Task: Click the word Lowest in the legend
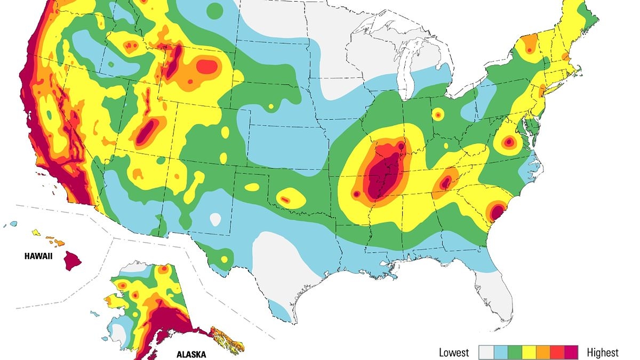pos(454,353)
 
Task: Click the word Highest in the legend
pos(603,353)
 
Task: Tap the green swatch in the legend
pos(515,352)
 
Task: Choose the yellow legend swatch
pos(529,352)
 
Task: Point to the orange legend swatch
pos(543,352)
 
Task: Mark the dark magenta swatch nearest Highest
pos(572,352)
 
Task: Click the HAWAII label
pos(38,256)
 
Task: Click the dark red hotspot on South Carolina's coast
pos(497,211)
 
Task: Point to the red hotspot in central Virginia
pos(509,142)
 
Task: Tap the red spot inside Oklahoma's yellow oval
pos(285,199)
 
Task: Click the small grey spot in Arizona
pos(215,219)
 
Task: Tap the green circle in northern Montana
pos(214,10)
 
